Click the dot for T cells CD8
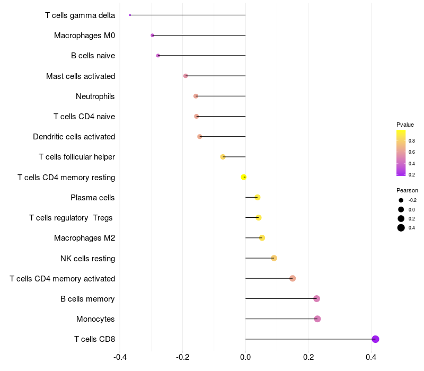coord(375,339)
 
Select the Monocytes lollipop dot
coord(317,319)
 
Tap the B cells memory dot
coord(316,299)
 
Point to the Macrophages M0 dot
coord(153,36)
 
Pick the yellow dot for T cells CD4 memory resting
coord(244,177)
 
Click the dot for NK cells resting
coord(274,258)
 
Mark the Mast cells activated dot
coord(185,76)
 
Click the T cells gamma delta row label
coord(80,15)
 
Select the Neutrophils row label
coord(95,96)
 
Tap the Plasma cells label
coord(93,198)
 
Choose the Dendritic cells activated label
coord(74,137)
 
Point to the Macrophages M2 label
coord(85,238)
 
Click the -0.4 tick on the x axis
coord(120,357)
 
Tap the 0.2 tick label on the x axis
coord(308,357)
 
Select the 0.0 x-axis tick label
coord(245,357)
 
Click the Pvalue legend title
coord(405,125)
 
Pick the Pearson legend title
coord(407,190)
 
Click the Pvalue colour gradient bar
coord(401,153)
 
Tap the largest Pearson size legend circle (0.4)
coord(401,228)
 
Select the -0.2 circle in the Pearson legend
coord(401,200)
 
